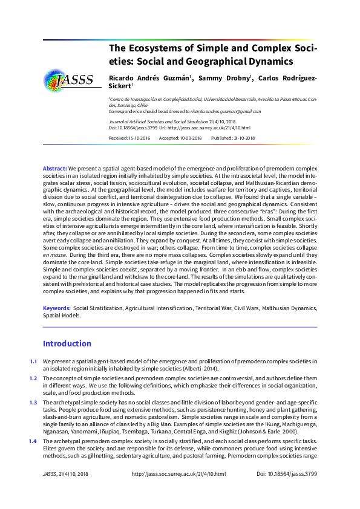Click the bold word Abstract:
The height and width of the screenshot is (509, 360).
[x=54, y=167]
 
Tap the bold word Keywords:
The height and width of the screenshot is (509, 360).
[x=57, y=308]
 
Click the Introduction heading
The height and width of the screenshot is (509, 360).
[x=67, y=343]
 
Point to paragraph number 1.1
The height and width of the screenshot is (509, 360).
[x=33, y=361]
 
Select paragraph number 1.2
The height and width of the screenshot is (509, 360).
[x=33, y=378]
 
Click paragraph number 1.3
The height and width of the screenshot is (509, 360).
[x=33, y=402]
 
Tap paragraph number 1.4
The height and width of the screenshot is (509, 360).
[x=33, y=442]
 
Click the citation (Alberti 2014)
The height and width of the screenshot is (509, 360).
[x=202, y=369]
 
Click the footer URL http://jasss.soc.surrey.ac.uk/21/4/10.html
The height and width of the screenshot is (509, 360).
[x=178, y=475]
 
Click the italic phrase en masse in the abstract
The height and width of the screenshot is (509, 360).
[x=54, y=257]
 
